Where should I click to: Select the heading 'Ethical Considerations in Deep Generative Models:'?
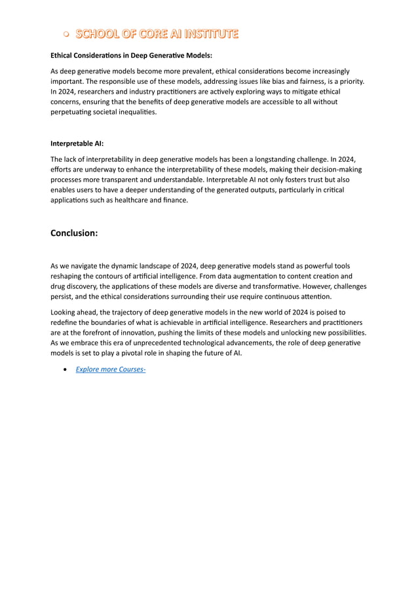coord(131,56)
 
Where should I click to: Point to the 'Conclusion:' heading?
coord(74,233)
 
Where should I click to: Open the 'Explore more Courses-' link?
coord(110,370)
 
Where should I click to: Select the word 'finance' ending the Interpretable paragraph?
coord(175,200)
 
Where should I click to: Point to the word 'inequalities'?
coord(136,113)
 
